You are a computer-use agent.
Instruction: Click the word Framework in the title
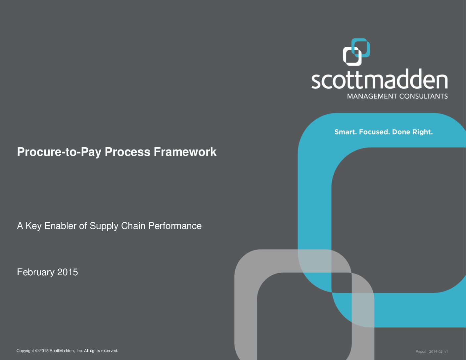pos(185,152)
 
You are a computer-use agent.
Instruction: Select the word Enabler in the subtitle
pos(60,226)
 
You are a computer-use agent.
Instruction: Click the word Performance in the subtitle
pos(175,226)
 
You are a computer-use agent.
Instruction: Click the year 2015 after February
pos(68,272)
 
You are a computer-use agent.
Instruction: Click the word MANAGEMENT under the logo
pos(372,96)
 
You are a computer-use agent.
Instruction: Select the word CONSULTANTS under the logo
pos(424,96)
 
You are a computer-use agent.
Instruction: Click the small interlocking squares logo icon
pos(356,52)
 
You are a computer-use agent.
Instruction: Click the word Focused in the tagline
pos(374,132)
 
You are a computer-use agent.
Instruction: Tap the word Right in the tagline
pos(422,132)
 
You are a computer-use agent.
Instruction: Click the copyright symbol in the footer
pos(37,351)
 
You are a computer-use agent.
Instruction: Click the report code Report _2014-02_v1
pos(432,351)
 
